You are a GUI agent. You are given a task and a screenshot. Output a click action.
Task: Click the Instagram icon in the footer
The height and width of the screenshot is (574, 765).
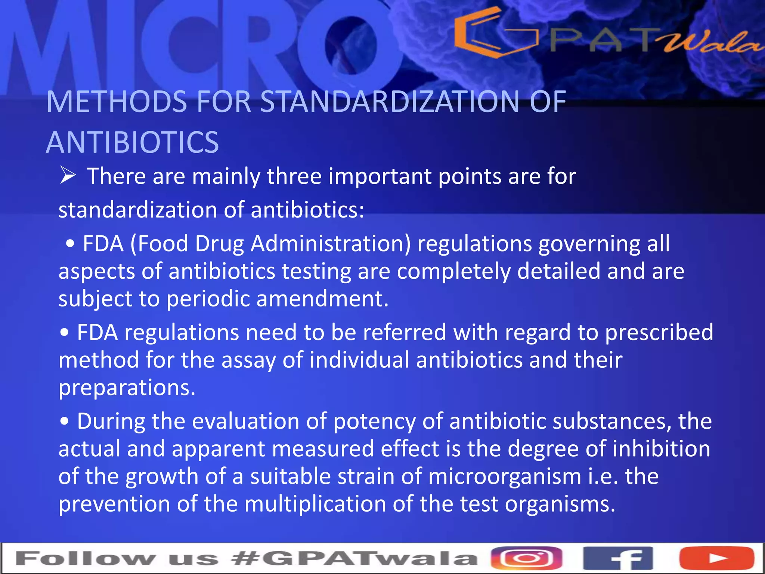coord(526,558)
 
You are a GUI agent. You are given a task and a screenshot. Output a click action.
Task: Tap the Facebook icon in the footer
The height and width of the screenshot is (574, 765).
coord(618,558)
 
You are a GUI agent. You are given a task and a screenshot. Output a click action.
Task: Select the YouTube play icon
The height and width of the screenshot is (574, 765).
coord(716,558)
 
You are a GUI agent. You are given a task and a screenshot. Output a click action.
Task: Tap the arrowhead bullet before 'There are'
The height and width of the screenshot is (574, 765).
coord(68,176)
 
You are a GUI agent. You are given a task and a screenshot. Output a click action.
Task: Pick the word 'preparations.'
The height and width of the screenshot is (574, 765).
coord(127,388)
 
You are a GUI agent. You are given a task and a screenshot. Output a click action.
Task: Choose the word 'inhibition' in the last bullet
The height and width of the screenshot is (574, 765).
coord(661,449)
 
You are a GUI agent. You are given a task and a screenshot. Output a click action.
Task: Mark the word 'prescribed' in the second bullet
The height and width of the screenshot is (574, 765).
coord(659,332)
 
